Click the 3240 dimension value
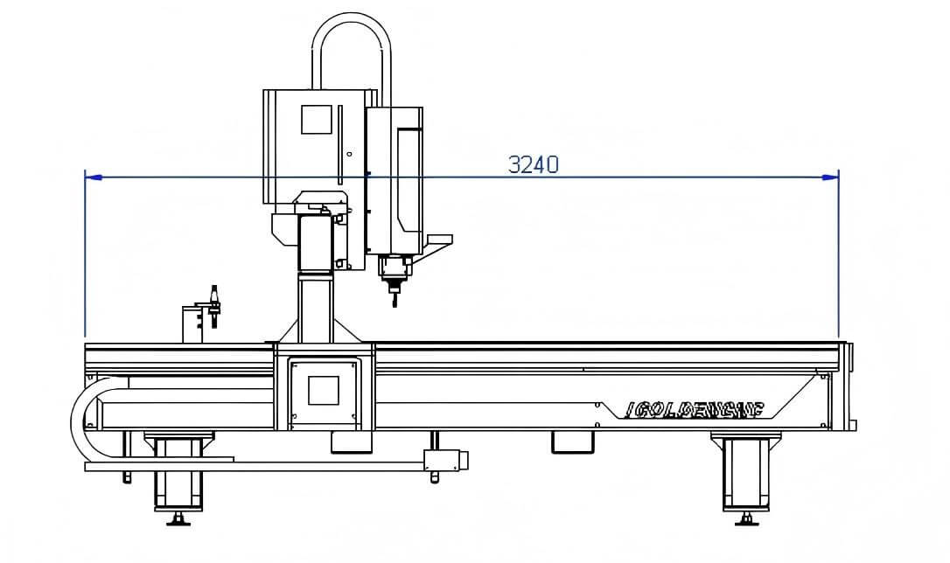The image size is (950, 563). click(x=533, y=163)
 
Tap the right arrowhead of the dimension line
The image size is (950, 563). click(x=830, y=177)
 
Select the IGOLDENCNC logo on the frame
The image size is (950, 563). click(x=696, y=408)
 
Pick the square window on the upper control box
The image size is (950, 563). click(x=317, y=120)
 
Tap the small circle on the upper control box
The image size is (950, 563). click(x=349, y=154)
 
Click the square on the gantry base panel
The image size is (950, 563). click(x=324, y=389)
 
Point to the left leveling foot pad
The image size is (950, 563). click(x=179, y=522)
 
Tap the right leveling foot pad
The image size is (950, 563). click(x=746, y=521)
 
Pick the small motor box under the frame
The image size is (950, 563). click(x=444, y=459)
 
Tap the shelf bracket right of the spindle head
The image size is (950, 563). click(x=439, y=239)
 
